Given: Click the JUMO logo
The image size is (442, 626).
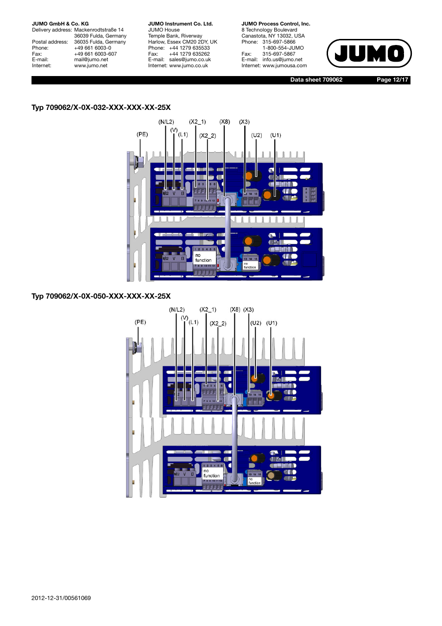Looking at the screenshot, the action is coord(369,53).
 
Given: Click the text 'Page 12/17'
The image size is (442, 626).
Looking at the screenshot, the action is coord(392,80).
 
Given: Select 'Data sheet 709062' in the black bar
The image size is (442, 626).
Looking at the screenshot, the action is coord(316,80).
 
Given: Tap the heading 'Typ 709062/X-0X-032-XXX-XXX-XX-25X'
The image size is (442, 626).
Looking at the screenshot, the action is coord(101,108).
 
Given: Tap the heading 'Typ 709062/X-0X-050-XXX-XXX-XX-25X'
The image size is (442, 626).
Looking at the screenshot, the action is coord(101,296).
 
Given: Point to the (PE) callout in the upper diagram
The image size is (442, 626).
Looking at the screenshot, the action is coord(142,134).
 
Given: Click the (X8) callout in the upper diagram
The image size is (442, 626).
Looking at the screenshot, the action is coord(225,122).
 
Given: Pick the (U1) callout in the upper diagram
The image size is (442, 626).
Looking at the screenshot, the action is coord(276,135).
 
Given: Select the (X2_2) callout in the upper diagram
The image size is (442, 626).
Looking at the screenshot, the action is coord(208,136).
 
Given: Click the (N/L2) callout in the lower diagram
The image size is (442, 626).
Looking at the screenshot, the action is coord(177,310).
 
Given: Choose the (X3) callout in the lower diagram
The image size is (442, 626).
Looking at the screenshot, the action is coord(248,310).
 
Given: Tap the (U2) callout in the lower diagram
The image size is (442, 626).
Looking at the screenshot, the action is coord(256,323).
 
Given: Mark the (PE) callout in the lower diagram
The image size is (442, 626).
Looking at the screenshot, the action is coord(140,322).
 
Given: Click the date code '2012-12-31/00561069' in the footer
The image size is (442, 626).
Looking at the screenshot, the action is coord(61,598).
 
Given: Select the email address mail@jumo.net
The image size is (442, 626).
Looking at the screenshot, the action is coord(91,60).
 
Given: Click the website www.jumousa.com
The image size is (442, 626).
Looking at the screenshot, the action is coord(284,66).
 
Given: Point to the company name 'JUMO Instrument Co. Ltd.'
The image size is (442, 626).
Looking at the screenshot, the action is coord(180,24).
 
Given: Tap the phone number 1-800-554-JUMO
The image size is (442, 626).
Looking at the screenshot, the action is coord(283,48).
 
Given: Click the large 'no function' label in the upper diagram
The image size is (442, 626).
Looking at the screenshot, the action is coord(203,258).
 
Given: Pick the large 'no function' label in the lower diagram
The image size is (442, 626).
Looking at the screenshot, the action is coord(211,473).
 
